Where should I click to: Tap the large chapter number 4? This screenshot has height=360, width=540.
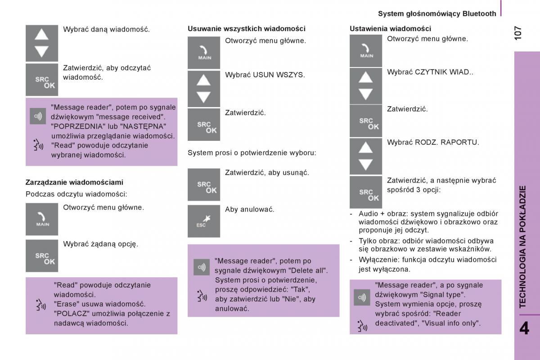pyautogui.click(x=524, y=328)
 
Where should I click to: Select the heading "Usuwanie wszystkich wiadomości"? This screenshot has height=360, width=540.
pyautogui.click(x=246, y=29)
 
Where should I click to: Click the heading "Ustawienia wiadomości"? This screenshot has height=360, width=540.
pyautogui.click(x=390, y=29)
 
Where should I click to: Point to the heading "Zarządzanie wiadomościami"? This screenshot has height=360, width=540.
pyautogui.click(x=74, y=182)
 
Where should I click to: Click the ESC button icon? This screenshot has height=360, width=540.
pyautogui.click(x=204, y=221)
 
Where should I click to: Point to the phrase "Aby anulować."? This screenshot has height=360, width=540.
pyautogui.click(x=250, y=209)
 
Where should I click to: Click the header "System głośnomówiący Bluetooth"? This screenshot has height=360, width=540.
pyautogui.click(x=437, y=13)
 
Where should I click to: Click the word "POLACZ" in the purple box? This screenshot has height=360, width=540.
pyautogui.click(x=68, y=314)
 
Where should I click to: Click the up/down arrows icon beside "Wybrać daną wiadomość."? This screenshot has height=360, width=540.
pyautogui.click(x=42, y=43)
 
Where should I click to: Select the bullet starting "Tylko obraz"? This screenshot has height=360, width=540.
pyautogui.click(x=425, y=245)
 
